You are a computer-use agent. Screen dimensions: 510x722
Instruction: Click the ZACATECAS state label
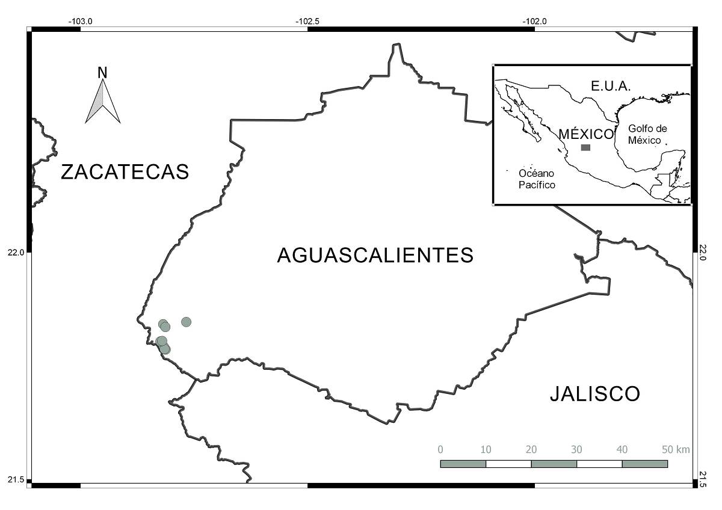125,172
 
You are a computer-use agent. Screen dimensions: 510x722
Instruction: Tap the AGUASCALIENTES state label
375,255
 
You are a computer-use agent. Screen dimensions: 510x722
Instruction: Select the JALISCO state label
594,394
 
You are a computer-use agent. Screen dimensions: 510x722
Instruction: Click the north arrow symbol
103,102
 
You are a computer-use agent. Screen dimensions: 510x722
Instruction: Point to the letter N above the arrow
102,73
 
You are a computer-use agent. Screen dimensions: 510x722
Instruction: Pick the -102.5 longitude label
307,21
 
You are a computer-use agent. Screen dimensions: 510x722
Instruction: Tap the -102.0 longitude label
534,21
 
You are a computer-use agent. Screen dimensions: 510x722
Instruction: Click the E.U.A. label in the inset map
611,87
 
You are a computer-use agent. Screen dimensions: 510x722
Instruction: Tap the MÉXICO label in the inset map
586,134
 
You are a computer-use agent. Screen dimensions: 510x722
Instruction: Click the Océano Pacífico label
537,179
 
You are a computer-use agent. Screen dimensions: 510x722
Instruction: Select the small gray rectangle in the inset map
585,147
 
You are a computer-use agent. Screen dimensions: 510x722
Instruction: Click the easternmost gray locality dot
186,322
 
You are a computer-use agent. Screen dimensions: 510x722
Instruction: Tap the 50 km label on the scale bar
675,450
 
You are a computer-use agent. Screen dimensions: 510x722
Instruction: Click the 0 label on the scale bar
440,450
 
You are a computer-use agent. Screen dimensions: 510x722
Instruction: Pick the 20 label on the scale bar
531,450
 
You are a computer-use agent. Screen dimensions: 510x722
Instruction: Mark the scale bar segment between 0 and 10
463,464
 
